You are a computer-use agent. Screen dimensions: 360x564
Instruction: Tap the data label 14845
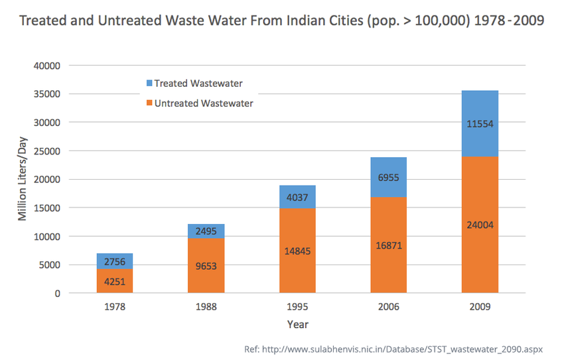297,251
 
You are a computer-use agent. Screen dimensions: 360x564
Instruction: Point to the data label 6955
388,178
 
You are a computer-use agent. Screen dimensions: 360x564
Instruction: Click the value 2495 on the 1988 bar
206,231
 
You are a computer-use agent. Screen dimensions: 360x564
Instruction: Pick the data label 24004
480,225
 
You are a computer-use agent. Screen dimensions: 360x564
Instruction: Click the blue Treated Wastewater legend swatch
149,84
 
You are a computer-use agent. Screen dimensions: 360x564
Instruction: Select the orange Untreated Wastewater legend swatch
149,103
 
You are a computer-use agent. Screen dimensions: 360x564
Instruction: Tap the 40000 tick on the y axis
46,66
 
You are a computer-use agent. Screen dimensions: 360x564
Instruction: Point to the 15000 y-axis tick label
46,208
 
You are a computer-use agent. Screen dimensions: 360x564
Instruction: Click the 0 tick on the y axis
57,293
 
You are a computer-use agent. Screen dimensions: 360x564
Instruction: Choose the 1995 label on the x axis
297,308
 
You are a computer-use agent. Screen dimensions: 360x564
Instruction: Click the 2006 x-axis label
388,308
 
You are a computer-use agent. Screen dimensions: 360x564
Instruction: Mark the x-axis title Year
297,324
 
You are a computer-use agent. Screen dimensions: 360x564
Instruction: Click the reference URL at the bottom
402,348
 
